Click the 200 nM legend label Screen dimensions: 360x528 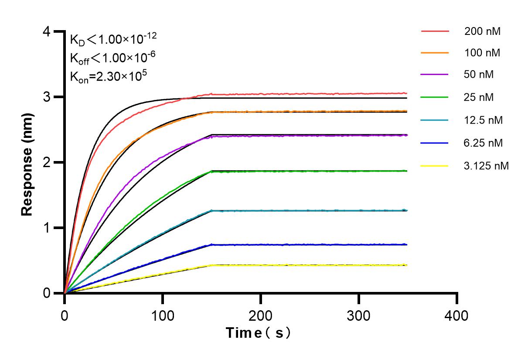pos(482,31)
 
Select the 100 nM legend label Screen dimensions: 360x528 pos(482,54)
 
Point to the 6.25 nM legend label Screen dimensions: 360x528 pos(484,143)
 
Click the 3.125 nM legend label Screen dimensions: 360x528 pos(486,165)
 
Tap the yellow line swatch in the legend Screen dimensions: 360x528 pos(435,165)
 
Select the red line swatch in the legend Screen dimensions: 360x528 pos(435,31)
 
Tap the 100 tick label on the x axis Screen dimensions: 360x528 pos(163,315)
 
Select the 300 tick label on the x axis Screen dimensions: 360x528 pos(359,315)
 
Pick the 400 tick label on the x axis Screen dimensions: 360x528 pos(457,315)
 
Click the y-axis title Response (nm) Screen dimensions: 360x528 pos(27,163)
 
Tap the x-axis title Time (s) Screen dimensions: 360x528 pos(258,333)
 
